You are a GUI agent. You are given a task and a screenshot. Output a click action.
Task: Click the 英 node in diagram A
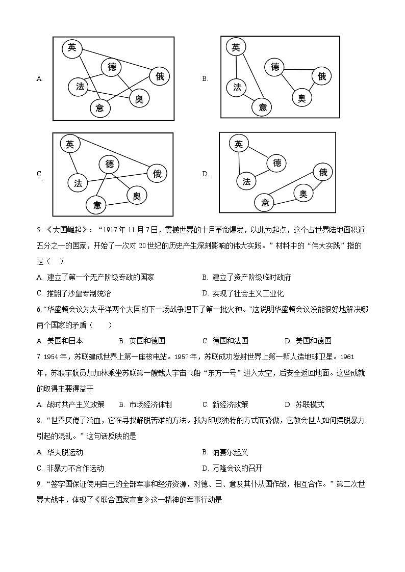tap(72, 48)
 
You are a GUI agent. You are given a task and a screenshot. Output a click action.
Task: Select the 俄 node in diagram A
tap(160, 76)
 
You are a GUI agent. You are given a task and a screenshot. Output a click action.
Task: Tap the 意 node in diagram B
tap(263, 107)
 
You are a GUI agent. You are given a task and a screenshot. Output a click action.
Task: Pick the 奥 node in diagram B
tap(302, 97)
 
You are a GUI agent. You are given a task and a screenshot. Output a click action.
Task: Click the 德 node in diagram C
tap(110, 164)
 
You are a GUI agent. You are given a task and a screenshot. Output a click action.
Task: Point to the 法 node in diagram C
tap(78, 183)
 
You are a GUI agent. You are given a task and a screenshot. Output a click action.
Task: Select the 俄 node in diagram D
tap(322, 173)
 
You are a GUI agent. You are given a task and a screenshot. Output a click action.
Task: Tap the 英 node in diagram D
tap(238, 145)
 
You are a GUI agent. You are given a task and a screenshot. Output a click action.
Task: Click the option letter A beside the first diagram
tap(39, 78)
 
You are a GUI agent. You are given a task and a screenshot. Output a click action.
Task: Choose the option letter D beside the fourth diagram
tap(205, 174)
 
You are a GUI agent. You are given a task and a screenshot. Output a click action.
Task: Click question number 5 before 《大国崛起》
tap(39, 230)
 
